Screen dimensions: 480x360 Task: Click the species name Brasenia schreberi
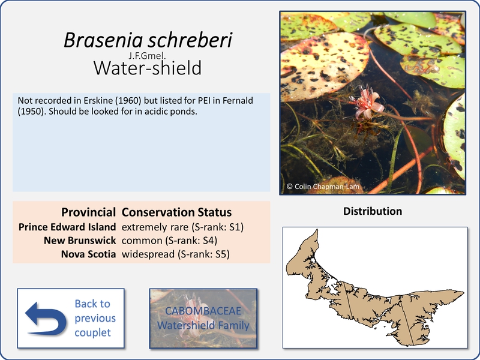[x=148, y=40]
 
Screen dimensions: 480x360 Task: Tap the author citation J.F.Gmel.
[x=147, y=56]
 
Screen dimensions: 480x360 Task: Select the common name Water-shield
[x=148, y=68]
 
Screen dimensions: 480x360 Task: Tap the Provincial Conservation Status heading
[x=146, y=212]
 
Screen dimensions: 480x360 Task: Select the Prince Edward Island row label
[x=67, y=227]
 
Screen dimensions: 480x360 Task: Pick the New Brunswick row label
[x=80, y=241]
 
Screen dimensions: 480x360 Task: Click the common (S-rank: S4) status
[x=169, y=241]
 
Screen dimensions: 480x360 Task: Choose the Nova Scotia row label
[x=88, y=254]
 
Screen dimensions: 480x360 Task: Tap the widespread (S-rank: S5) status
[x=175, y=254]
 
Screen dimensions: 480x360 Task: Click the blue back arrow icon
[x=46, y=319]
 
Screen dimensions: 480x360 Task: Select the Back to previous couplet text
[x=95, y=318]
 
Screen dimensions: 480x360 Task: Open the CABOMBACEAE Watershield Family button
[x=203, y=319]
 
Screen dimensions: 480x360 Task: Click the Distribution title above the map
[x=373, y=211]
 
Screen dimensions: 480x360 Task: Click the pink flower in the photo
[x=367, y=103]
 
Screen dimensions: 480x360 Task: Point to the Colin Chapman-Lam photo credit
[x=323, y=187]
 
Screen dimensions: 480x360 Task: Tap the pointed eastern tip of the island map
[x=464, y=292]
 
